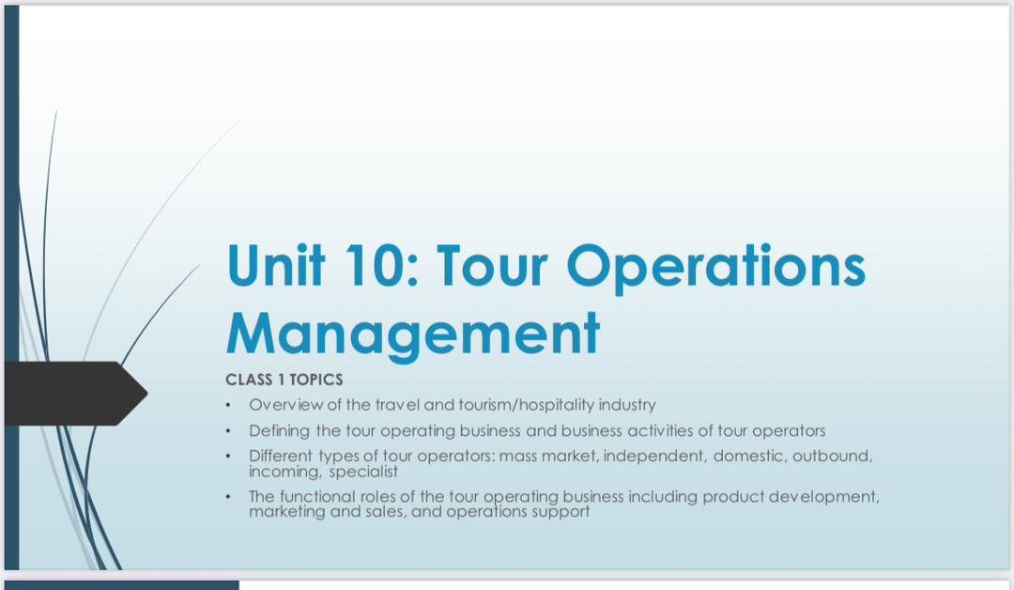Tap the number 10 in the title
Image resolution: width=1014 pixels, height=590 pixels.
pyautogui.click(x=379, y=266)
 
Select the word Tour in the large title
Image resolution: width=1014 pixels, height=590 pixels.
pyautogui.click(x=493, y=266)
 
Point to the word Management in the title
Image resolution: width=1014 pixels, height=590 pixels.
pyautogui.click(x=413, y=333)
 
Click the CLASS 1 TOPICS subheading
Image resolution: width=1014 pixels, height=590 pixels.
pyautogui.click(x=284, y=380)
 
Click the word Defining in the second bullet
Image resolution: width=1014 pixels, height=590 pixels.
pyautogui.click(x=280, y=430)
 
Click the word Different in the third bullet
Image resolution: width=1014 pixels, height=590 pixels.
pyautogui.click(x=281, y=457)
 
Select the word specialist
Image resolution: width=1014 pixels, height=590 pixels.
pyautogui.click(x=363, y=472)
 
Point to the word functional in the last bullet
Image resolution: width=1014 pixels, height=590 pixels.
pyautogui.click(x=315, y=496)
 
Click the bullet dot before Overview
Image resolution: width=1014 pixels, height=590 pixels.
pyautogui.click(x=227, y=406)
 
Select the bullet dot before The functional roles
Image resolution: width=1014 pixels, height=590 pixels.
pyautogui.click(x=227, y=497)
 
